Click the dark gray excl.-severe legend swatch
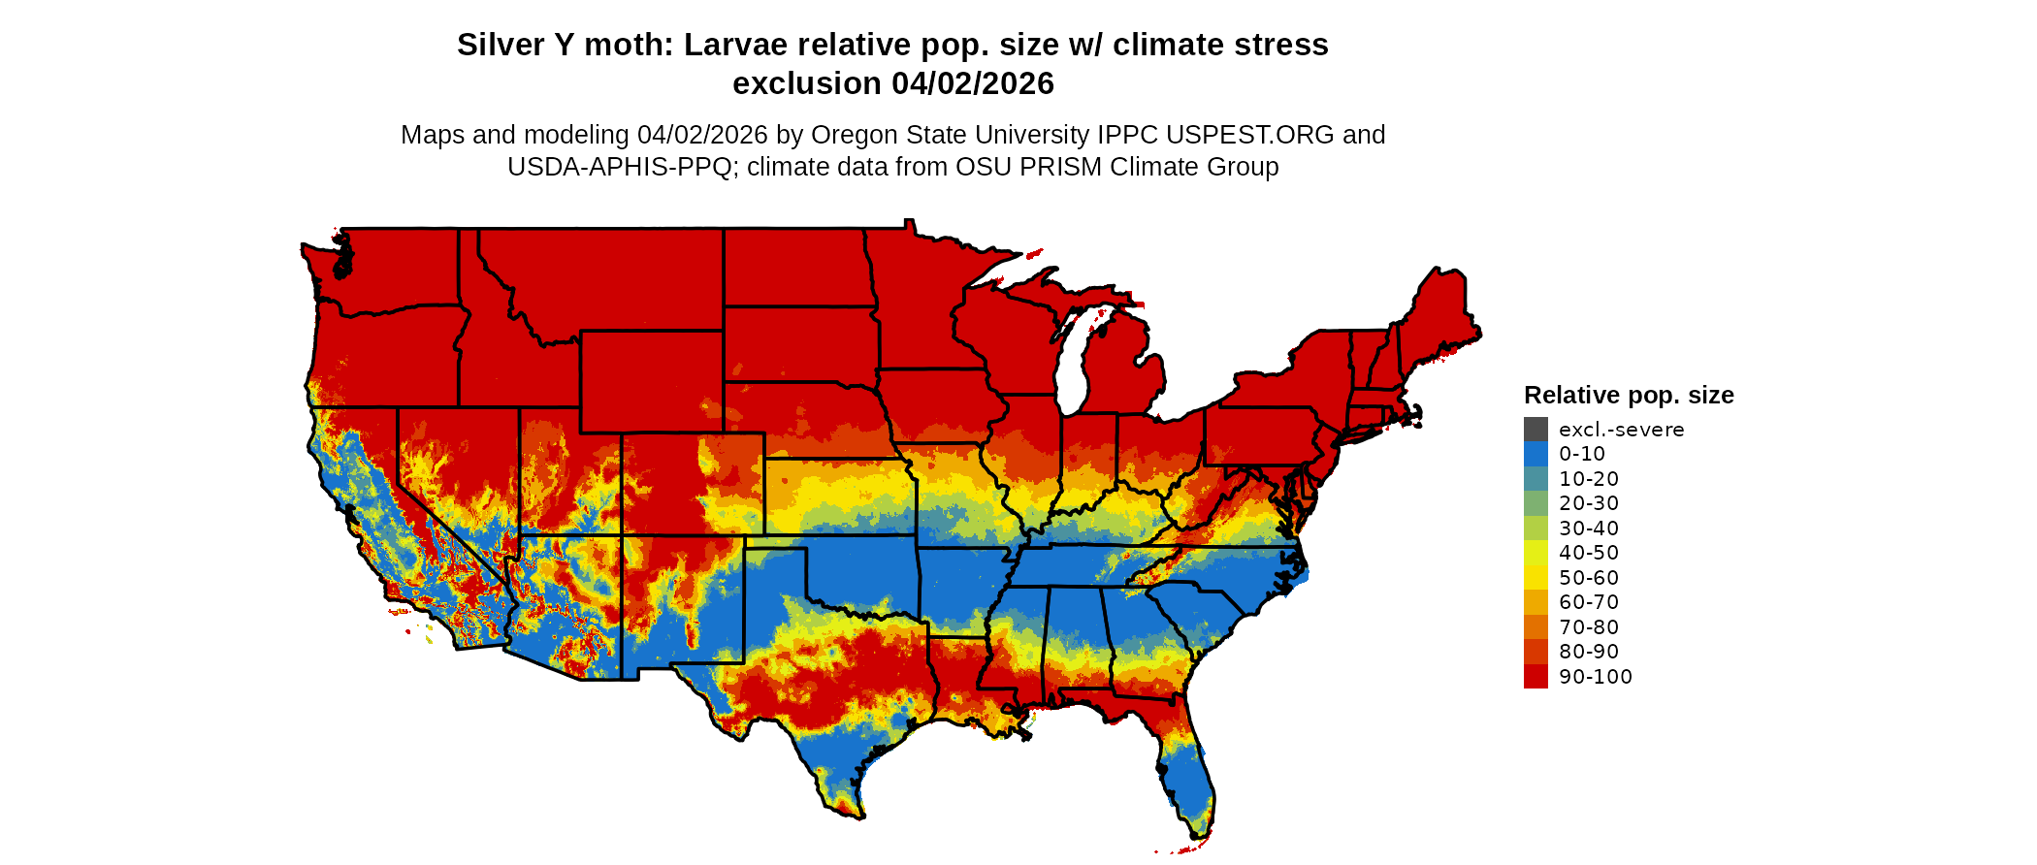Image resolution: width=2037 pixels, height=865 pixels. click(x=1536, y=430)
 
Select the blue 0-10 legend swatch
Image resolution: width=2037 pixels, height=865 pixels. click(x=1536, y=454)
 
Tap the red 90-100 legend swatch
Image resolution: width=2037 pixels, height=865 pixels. click(x=1536, y=677)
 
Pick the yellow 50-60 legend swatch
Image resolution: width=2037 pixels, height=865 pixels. click(x=1536, y=578)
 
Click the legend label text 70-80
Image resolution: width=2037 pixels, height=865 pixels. click(x=1589, y=627)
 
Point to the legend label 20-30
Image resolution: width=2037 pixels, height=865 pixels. click(x=1589, y=503)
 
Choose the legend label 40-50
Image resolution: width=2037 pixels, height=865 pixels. click(x=1589, y=553)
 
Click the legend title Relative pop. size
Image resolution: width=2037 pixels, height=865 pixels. click(x=1629, y=396)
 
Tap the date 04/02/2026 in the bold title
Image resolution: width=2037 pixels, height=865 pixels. click(x=972, y=83)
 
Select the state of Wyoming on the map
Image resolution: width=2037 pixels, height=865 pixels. click(x=651, y=381)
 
